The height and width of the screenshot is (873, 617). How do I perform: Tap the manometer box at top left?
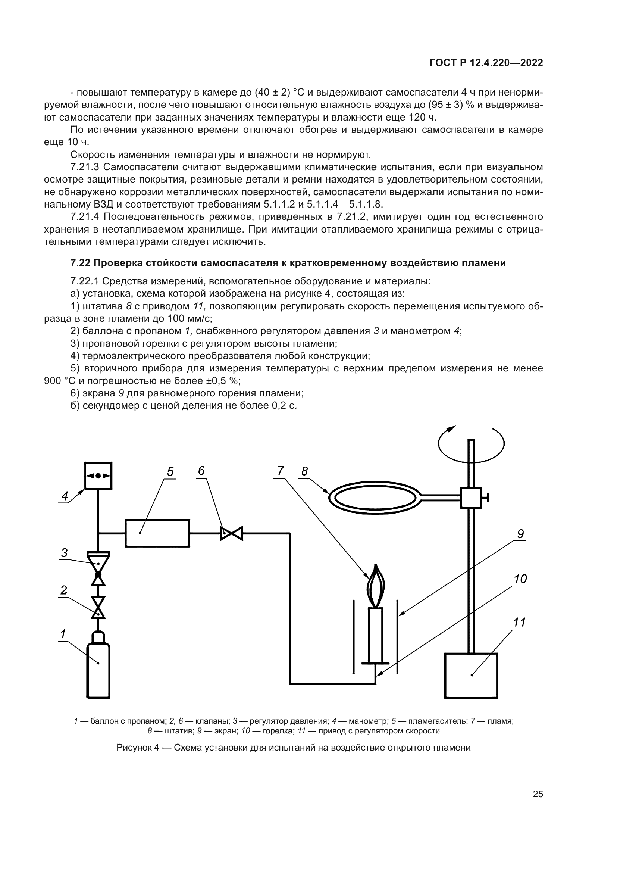(98, 476)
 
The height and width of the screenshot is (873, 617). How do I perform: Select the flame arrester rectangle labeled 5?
(157, 533)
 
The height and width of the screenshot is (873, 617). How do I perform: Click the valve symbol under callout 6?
(231, 533)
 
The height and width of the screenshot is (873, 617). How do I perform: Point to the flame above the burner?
(376, 586)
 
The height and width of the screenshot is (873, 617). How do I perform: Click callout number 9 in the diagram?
(520, 534)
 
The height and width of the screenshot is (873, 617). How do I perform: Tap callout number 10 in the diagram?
(520, 579)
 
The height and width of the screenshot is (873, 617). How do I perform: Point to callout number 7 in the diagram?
(281, 471)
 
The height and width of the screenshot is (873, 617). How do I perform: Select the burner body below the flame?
(376, 635)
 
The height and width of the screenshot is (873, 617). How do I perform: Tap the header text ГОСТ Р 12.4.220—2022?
(486, 63)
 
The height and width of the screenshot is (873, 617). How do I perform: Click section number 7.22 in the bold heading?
(79, 263)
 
